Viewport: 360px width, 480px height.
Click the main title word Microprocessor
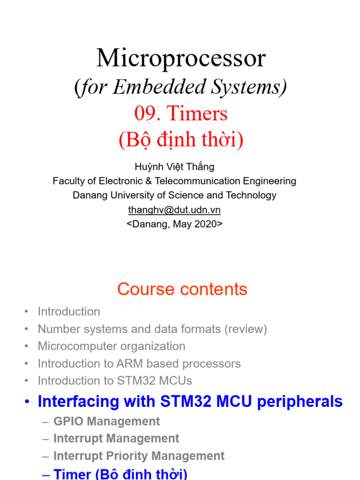tap(181, 59)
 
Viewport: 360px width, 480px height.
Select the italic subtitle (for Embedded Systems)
tap(180, 87)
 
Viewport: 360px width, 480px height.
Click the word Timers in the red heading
tap(197, 114)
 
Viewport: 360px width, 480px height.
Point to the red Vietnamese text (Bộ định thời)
tap(181, 140)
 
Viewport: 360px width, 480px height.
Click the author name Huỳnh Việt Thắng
tap(174, 166)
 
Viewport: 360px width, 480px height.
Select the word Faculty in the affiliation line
tap(68, 181)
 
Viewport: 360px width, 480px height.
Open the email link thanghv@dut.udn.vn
tap(174, 210)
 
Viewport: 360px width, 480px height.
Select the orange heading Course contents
tap(182, 289)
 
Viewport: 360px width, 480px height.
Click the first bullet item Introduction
tap(69, 312)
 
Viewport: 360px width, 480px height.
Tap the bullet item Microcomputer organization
tap(112, 346)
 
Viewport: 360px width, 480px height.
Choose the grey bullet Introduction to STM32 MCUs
tap(115, 381)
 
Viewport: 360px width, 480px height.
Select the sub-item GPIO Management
tap(107, 421)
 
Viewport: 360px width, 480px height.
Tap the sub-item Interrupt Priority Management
tap(139, 456)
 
